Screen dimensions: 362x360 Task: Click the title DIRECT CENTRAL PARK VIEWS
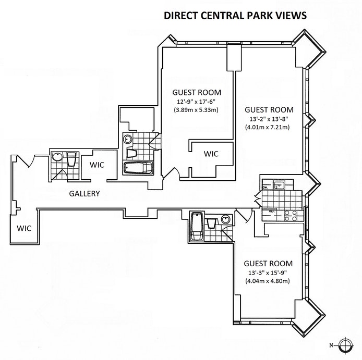coord(235,16)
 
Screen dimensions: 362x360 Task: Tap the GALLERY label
coord(85,194)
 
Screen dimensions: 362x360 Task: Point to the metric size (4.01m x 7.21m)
coord(269,128)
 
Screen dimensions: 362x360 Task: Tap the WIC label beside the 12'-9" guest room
coord(211,154)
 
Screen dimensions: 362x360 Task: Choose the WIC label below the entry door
coord(25,228)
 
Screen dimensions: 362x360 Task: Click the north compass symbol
coord(344,345)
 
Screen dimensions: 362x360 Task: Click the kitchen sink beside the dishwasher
coord(280,183)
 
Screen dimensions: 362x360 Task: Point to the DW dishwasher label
coord(266,187)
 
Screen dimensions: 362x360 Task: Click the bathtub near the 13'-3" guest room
coord(197,226)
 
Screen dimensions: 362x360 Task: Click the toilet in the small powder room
coord(71,159)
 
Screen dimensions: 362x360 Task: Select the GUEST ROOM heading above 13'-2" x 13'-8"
coord(269,110)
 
